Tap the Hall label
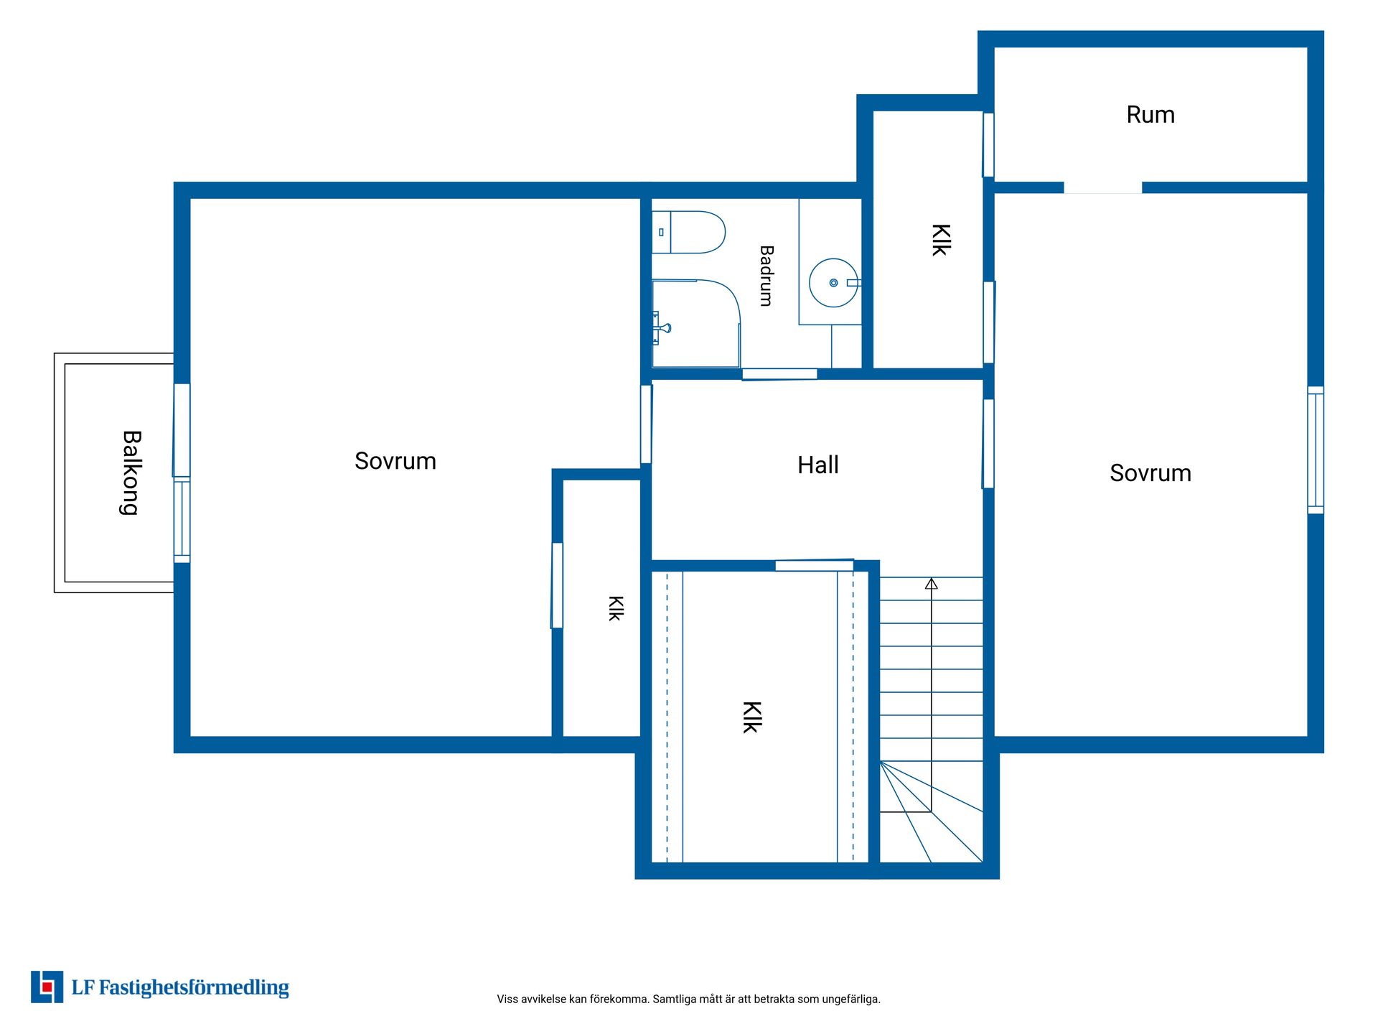point(817,465)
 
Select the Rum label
point(1150,115)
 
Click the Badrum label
point(767,276)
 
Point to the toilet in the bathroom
point(688,232)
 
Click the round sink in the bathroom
point(834,283)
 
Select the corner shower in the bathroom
point(695,323)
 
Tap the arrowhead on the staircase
point(931,584)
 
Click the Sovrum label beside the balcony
point(395,461)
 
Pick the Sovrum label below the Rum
point(1150,473)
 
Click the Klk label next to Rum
point(940,240)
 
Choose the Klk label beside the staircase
point(751,717)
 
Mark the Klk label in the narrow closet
point(615,608)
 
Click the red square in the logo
point(47,987)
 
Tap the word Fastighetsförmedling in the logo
point(194,988)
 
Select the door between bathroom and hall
point(779,374)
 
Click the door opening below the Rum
point(1102,188)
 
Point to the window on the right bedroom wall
point(1315,450)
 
